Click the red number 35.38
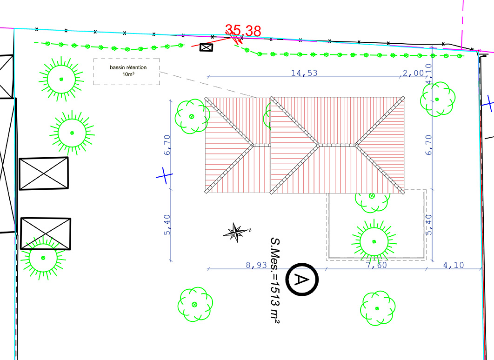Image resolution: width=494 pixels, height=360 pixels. (243, 31)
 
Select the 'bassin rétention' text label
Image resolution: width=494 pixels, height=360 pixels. (128, 67)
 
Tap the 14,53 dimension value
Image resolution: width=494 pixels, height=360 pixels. (304, 73)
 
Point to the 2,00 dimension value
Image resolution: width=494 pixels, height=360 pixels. (414, 73)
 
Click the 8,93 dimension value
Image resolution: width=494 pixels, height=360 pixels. (256, 265)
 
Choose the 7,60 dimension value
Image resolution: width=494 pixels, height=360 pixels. (376, 265)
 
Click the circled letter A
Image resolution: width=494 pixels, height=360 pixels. (302, 280)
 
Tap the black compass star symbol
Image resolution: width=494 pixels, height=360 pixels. (237, 233)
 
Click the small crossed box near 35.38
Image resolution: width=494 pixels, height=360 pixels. (206, 47)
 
